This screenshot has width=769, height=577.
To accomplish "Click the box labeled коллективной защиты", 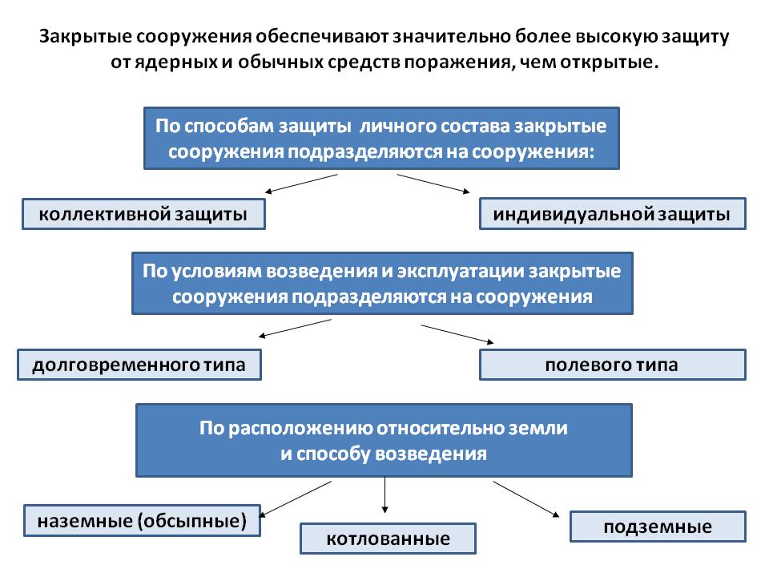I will (x=143, y=214).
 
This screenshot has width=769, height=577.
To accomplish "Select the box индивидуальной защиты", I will (x=613, y=214).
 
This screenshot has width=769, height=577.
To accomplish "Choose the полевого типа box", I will (x=613, y=365).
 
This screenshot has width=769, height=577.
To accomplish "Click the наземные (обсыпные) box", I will (x=143, y=520).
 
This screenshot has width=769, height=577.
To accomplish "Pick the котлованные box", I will (x=388, y=539).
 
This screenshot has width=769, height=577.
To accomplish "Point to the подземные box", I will (x=658, y=527).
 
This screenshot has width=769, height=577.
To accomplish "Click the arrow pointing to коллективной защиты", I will (x=302, y=184).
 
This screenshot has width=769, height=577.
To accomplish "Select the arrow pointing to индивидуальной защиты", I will (x=433, y=184).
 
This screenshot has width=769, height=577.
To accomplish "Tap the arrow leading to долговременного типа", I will (x=294, y=329).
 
